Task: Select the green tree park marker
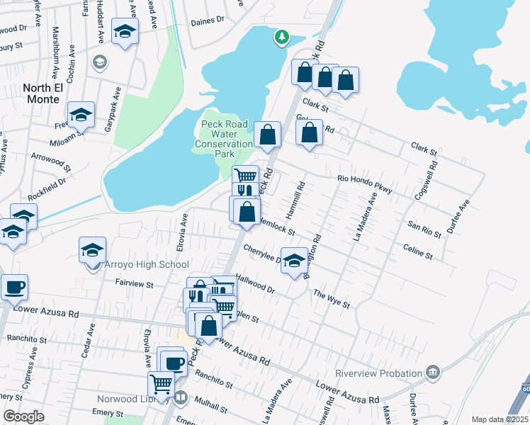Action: click(283, 37)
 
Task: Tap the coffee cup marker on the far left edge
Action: click(14, 288)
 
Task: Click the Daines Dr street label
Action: click(207, 22)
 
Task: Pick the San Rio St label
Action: click(424, 227)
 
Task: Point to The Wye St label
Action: click(332, 299)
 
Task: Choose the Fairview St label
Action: click(135, 283)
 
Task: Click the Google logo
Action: click(24, 416)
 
